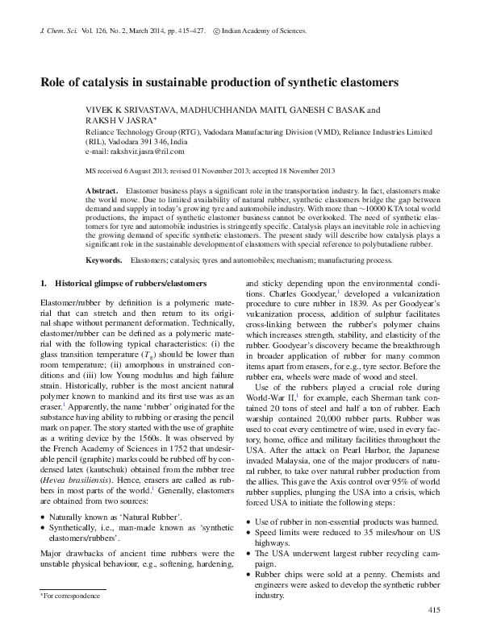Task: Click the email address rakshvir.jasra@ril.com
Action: click(145, 151)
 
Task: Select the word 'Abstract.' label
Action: click(102, 187)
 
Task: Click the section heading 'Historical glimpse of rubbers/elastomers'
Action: click(125, 285)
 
